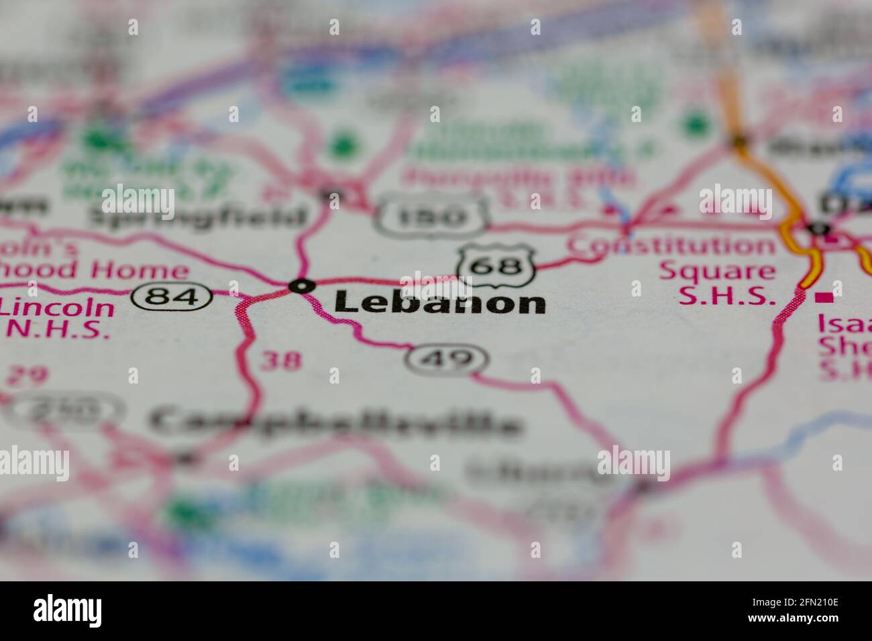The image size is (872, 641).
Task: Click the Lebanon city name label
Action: pyautogui.click(x=439, y=302)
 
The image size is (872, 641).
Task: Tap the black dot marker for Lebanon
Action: pyautogui.click(x=301, y=286)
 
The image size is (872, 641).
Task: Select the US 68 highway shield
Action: pyautogui.click(x=496, y=266)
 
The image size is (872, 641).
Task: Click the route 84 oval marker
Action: pyautogui.click(x=172, y=295)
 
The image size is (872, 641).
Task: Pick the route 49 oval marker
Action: pyautogui.click(x=447, y=360)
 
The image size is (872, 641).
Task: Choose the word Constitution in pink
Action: pyautogui.click(x=671, y=246)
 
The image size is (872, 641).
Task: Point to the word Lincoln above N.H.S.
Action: pyautogui.click(x=57, y=307)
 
